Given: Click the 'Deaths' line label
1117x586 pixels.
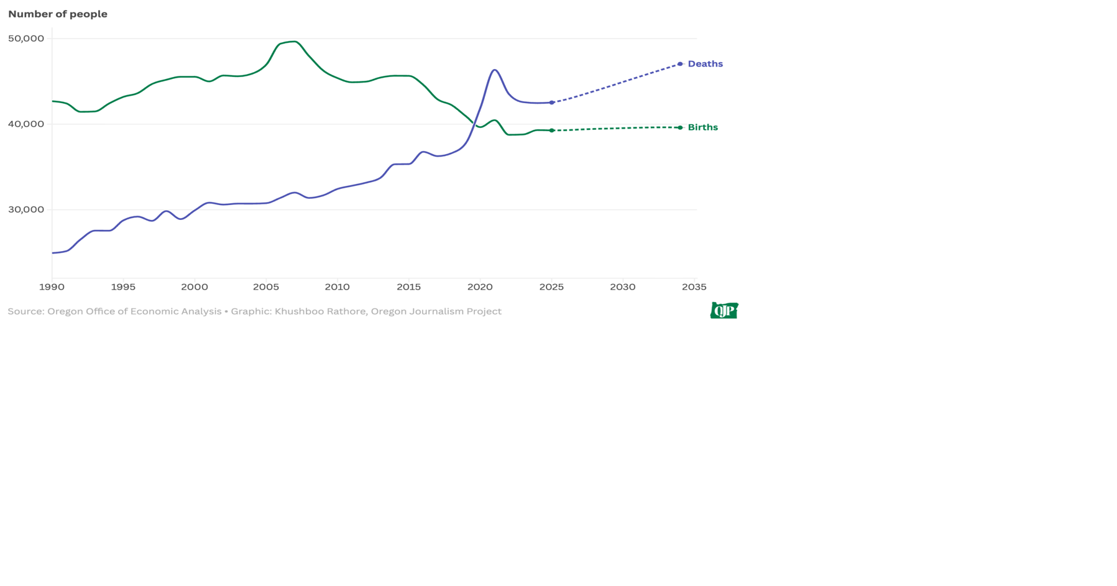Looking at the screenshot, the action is click(x=705, y=64).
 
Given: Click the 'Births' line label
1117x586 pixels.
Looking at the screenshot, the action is click(x=702, y=127).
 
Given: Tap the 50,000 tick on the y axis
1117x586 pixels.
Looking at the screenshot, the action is click(x=26, y=39).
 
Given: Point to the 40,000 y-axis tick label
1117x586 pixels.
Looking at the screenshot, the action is click(x=26, y=124).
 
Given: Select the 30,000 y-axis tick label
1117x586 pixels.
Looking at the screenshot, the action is click(x=26, y=209).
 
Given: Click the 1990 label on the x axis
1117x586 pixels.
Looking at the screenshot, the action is click(x=52, y=287).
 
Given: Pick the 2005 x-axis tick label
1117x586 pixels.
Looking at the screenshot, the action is click(x=266, y=287).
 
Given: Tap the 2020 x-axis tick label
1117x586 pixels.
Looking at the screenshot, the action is click(x=480, y=287).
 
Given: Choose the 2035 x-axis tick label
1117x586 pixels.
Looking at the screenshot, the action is click(x=694, y=287).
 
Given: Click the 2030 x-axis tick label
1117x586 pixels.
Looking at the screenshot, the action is click(x=622, y=287).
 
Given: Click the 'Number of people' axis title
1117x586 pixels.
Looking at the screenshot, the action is click(x=58, y=14).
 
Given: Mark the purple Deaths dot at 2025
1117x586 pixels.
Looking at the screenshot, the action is click(x=551, y=103).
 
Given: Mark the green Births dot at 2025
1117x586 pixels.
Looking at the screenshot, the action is click(x=551, y=130).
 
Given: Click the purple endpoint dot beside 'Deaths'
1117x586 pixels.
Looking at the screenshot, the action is click(x=680, y=64).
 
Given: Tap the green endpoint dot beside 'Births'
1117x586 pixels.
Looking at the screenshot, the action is click(x=680, y=127).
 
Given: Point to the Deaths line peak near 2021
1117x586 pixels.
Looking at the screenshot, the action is click(x=495, y=70).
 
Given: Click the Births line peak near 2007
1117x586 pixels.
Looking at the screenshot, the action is click(x=294, y=42).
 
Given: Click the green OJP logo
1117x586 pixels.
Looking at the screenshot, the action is click(x=724, y=310).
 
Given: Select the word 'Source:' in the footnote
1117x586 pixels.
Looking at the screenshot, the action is click(x=26, y=311).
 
